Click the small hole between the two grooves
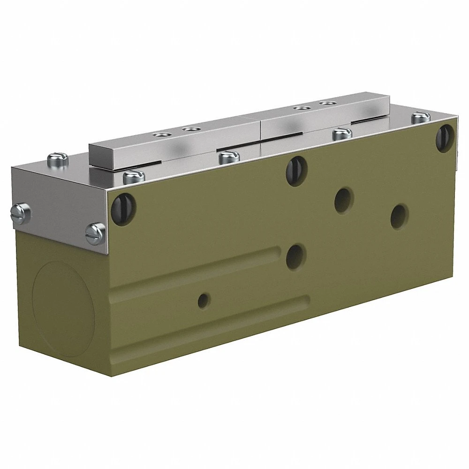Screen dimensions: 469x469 pyautogui.click(x=204, y=299)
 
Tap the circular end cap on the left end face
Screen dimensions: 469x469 pyautogui.click(x=63, y=307)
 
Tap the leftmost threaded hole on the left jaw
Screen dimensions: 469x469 pyautogui.click(x=161, y=136)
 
